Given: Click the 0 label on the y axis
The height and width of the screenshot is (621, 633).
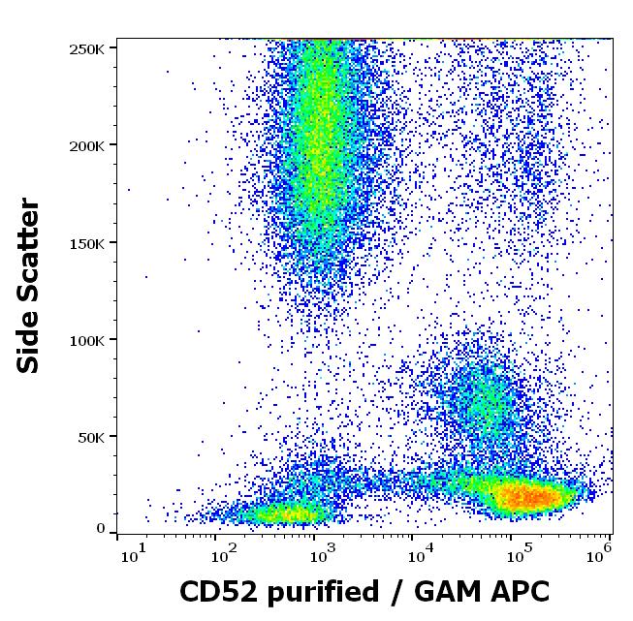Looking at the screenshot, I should [101, 529].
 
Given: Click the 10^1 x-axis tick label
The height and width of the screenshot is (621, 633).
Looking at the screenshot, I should [133, 554].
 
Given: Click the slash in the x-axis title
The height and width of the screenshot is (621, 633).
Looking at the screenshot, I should [394, 592].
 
